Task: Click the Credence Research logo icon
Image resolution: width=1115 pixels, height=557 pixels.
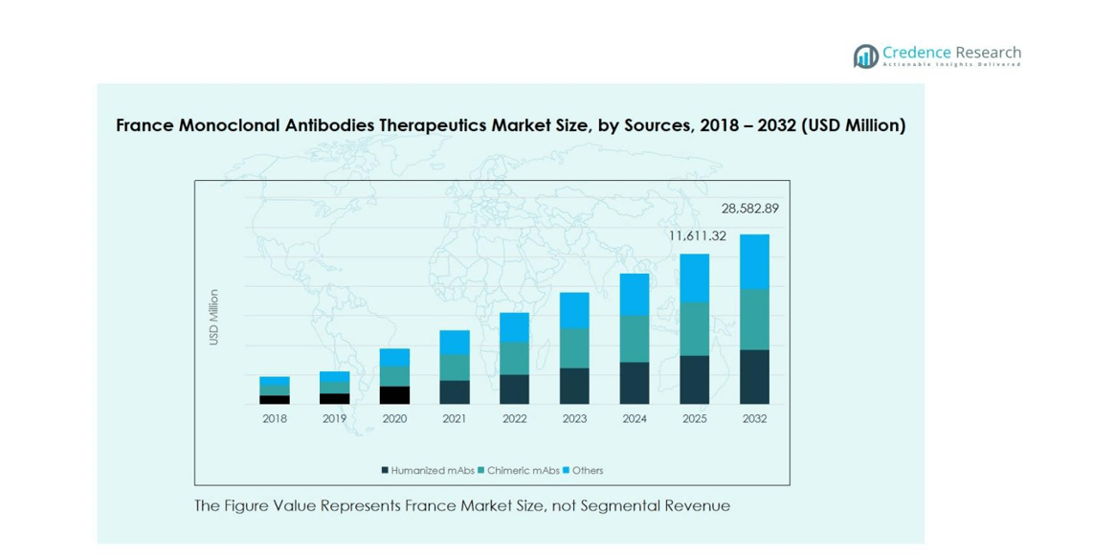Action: pos(865,56)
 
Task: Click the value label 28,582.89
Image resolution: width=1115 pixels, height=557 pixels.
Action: pos(749,209)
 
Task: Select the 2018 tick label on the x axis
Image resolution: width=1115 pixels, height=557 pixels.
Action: pos(275,419)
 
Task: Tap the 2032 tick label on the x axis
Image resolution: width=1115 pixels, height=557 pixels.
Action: pos(754,419)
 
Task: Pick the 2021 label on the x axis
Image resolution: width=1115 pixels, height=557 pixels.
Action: pos(455,419)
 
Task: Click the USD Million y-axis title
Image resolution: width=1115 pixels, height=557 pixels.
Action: pos(213,317)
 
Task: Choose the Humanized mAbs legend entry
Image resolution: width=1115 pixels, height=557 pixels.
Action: pos(426,471)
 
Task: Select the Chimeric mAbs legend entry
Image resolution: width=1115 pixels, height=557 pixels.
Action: pos(523,471)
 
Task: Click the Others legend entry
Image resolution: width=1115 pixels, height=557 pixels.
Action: pos(587,471)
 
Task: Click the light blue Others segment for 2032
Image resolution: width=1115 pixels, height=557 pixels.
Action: pos(754,261)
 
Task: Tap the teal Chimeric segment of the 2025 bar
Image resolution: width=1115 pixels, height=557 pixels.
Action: pos(694,328)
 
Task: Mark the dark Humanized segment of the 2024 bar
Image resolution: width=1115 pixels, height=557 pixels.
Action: pos(635,383)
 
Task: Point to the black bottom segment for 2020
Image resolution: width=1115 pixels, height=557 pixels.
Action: pos(394,395)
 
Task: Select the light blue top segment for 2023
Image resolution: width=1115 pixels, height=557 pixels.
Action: pos(574,310)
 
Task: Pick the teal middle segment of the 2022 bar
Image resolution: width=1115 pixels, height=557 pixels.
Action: pos(514,358)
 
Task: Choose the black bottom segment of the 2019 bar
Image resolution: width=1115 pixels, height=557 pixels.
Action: pos(334,398)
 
